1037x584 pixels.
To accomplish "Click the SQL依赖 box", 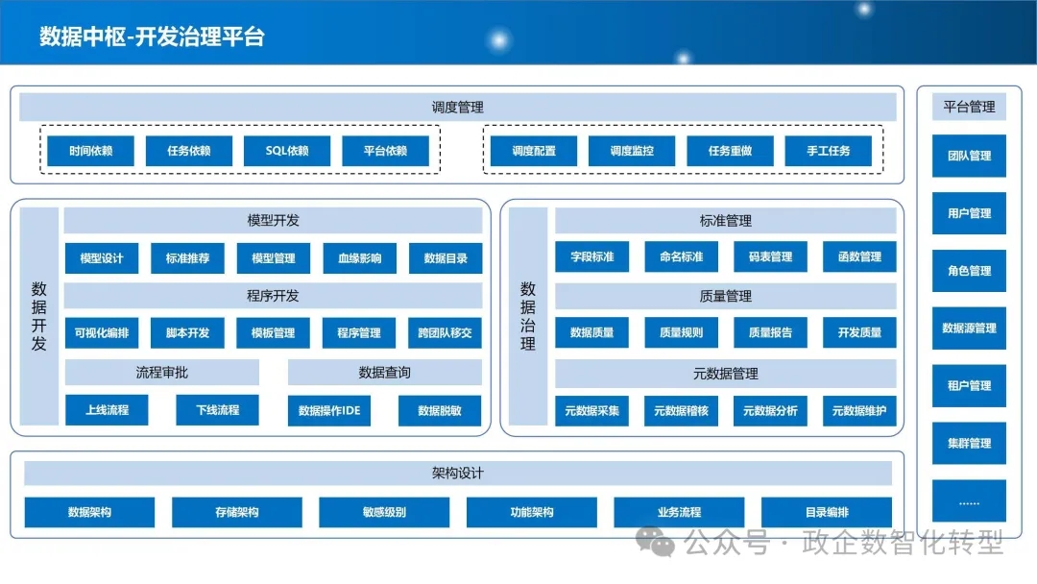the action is click(x=287, y=151).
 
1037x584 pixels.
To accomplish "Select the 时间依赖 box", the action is click(x=90, y=151).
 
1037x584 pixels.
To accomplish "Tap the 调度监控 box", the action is click(x=632, y=151).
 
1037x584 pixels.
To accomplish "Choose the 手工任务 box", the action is click(x=828, y=151).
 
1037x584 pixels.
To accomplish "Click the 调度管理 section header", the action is click(x=458, y=108).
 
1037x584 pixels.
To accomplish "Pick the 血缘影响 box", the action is click(x=360, y=258).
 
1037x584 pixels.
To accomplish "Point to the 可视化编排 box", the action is click(x=102, y=332).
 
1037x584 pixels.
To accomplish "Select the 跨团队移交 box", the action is click(x=446, y=332).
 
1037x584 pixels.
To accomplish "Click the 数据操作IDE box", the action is click(x=329, y=411).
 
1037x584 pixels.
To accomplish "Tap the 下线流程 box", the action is click(x=218, y=410).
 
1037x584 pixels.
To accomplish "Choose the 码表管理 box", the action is click(x=770, y=256).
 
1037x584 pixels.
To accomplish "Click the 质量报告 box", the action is click(x=770, y=332).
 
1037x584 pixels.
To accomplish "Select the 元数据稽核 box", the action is click(x=681, y=411).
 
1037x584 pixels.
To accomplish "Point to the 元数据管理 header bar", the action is click(x=726, y=374).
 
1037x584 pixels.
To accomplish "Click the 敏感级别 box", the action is click(x=384, y=512).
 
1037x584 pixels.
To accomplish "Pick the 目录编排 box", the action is click(x=827, y=512).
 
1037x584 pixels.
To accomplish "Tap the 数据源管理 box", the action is click(x=969, y=328).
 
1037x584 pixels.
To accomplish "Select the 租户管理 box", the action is click(x=969, y=385).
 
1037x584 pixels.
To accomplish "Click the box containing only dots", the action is click(x=969, y=501).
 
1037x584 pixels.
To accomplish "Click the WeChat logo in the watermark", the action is click(x=655, y=543).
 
